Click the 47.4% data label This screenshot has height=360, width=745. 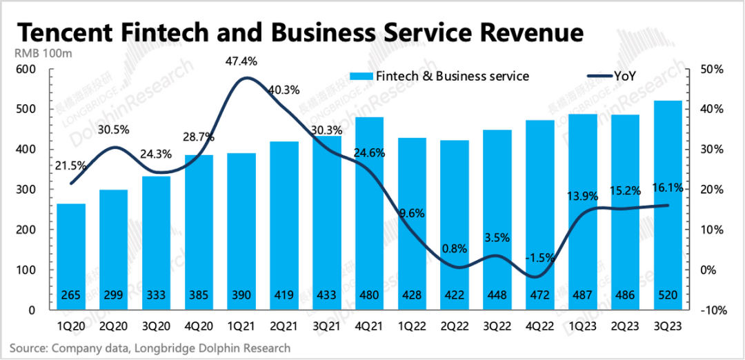pyautogui.click(x=241, y=61)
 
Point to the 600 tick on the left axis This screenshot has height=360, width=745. pyautogui.click(x=26, y=70)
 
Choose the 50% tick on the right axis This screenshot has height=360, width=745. pyautogui.click(x=711, y=70)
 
